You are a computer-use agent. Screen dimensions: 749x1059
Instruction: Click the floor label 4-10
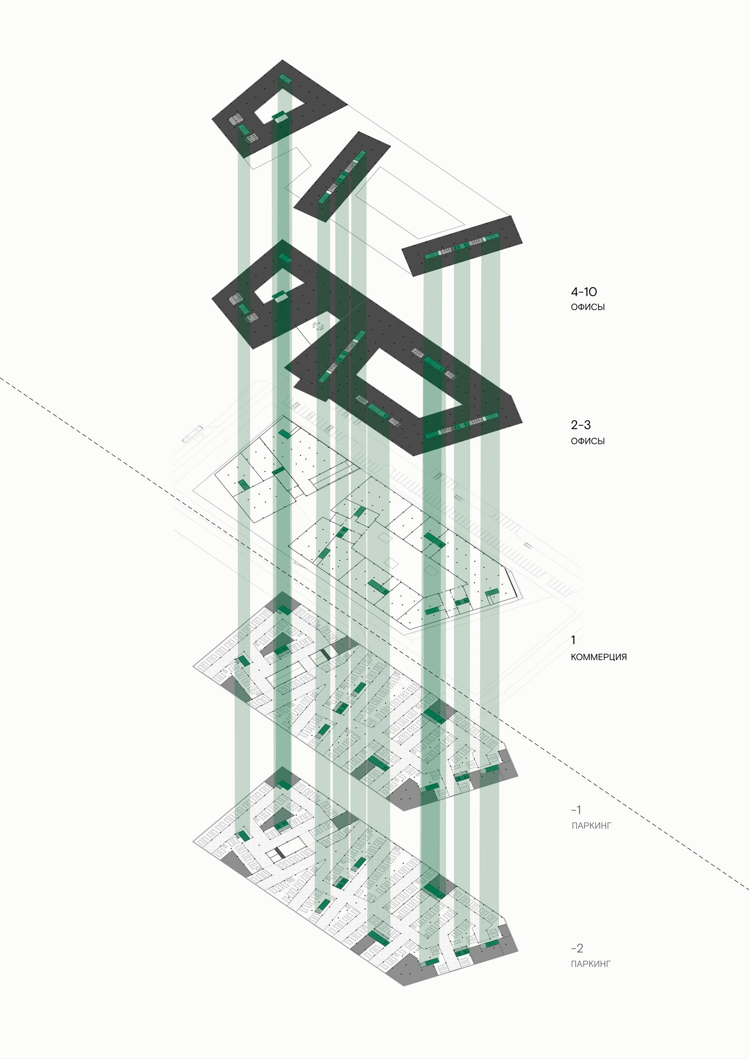click(x=583, y=291)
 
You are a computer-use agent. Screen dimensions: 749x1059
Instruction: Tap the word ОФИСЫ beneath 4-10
click(x=588, y=307)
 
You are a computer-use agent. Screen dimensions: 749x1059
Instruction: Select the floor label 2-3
click(x=581, y=425)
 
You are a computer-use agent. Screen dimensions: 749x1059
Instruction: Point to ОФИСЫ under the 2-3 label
click(x=588, y=441)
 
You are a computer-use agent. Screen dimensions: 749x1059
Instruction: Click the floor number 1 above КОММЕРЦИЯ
click(x=573, y=640)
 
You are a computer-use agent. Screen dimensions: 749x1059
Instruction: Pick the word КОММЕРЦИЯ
click(x=599, y=657)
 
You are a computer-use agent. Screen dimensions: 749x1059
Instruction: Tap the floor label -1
click(x=576, y=810)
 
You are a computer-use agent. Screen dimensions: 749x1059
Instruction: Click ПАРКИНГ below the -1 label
click(x=591, y=826)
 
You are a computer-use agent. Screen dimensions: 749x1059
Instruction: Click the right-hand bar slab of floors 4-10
click(x=462, y=246)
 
